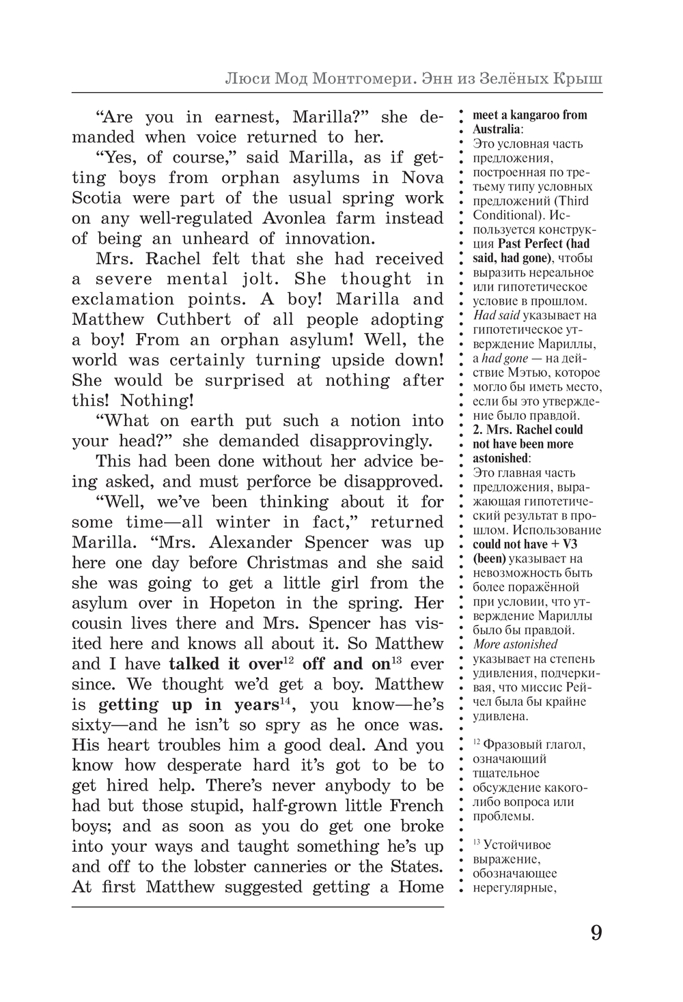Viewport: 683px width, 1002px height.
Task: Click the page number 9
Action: coord(596,932)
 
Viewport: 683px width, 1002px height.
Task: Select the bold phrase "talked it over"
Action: coord(225,664)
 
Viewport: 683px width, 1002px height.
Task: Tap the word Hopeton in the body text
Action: coord(242,603)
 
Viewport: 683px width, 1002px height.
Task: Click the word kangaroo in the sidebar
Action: coord(537,115)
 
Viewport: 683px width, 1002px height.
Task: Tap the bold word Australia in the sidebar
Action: coord(497,129)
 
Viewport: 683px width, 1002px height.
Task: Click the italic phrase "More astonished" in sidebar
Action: coord(515,644)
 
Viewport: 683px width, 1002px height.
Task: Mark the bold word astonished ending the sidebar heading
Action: coord(500,458)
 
